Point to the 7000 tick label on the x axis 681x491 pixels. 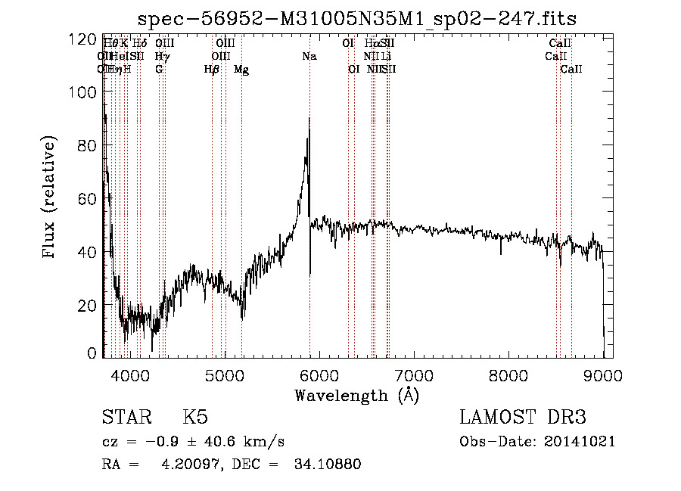(x=413, y=374)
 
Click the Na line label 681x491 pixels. (x=309, y=57)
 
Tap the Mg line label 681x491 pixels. (x=241, y=70)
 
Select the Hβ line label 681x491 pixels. (x=212, y=70)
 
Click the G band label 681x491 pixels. (x=159, y=70)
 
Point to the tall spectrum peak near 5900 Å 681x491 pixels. (x=309, y=120)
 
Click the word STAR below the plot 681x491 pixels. (x=126, y=418)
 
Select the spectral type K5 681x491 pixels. (x=195, y=418)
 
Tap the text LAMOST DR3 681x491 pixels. (x=523, y=418)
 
